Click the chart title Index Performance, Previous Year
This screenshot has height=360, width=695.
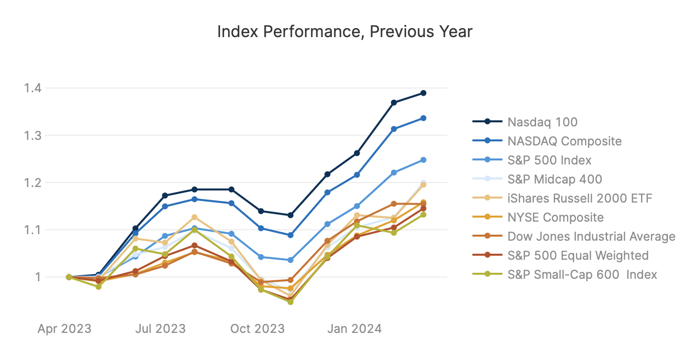point(344,32)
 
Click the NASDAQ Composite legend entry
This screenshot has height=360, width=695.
point(564,141)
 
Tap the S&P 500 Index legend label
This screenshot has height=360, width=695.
point(549,160)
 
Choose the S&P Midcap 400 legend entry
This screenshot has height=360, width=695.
point(555,179)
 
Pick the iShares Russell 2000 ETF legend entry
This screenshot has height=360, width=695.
point(580,198)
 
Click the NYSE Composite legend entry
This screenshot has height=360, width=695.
point(555,217)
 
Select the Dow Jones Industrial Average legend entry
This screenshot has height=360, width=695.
point(591,236)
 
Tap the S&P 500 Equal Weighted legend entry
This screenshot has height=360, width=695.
point(578,255)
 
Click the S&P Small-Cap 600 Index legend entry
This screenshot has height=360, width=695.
point(582,274)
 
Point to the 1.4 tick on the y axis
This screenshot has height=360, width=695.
point(33,88)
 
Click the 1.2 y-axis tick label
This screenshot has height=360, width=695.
point(33,183)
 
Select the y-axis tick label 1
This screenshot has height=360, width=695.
point(38,277)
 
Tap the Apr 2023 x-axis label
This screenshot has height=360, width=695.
point(65,329)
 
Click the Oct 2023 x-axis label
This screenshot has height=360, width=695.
point(257,329)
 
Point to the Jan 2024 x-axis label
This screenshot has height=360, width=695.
point(355,329)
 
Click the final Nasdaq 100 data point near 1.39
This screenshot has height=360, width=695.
point(423,93)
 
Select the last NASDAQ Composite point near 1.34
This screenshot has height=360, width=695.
point(423,118)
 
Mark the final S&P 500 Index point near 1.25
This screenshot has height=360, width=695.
point(423,160)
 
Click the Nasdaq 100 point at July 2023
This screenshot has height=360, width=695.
point(165,196)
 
